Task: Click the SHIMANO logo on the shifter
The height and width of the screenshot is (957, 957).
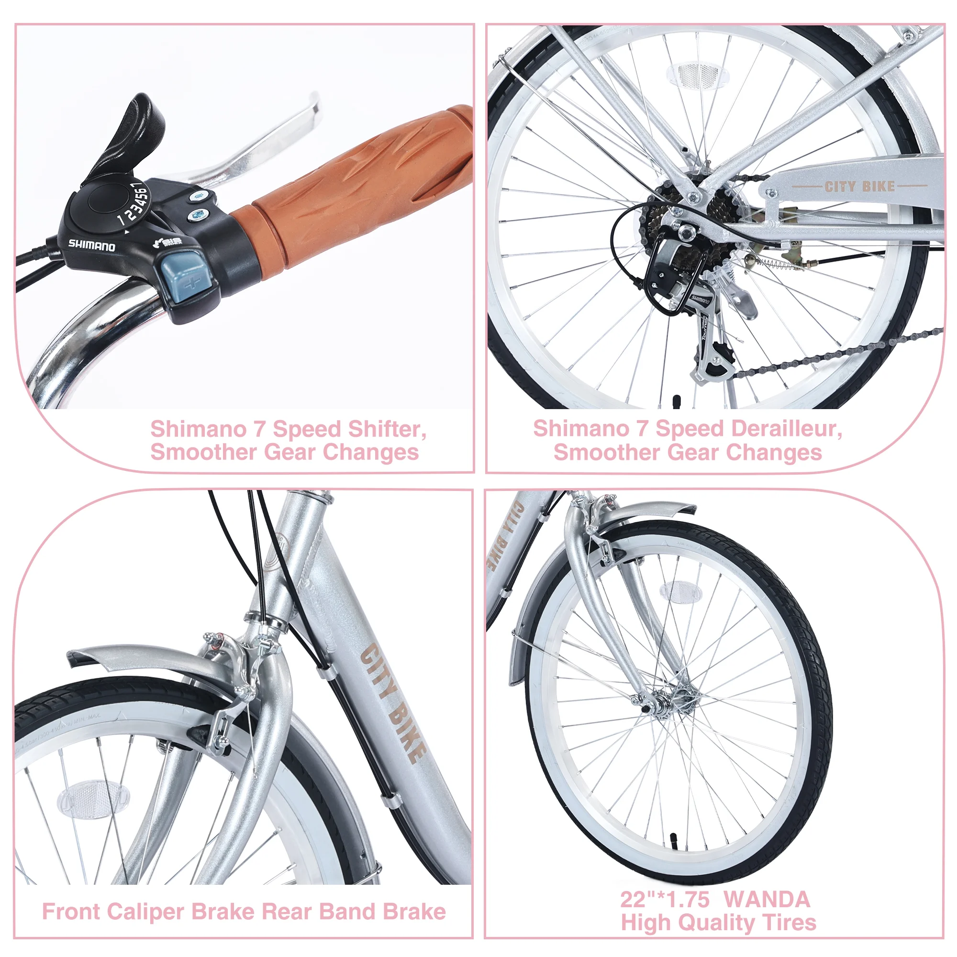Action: point(92,245)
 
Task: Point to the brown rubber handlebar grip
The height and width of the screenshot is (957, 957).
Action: point(356,183)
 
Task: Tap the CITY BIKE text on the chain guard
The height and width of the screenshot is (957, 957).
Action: point(859,187)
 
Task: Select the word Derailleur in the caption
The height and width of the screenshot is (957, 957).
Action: point(748,429)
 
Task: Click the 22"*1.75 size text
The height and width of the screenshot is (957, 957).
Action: point(665,899)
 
